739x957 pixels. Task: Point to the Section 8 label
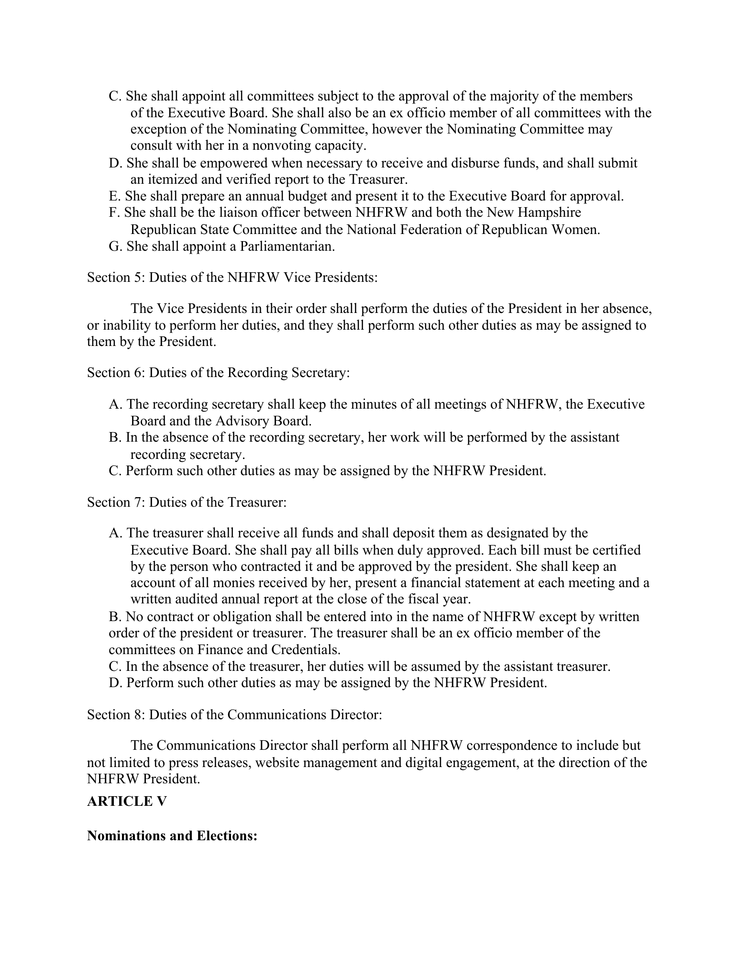(x=116, y=714)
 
